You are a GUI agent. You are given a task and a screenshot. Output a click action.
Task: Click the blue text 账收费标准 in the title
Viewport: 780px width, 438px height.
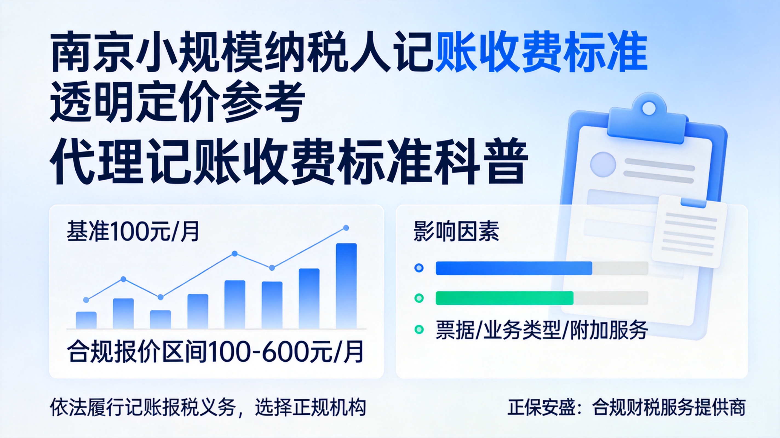[541, 52]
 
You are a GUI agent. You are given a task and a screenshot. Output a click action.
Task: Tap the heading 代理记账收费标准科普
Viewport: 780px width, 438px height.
[289, 161]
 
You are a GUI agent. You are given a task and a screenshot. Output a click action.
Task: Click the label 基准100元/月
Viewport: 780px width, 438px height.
[133, 231]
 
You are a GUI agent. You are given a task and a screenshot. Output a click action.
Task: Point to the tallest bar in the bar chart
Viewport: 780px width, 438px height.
[346, 286]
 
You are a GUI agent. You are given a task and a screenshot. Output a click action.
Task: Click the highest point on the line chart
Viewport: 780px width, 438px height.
[346, 228]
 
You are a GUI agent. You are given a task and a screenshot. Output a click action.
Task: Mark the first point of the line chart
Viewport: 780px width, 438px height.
[86, 300]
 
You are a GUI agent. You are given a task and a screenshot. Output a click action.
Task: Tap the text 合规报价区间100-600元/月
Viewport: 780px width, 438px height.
[215, 352]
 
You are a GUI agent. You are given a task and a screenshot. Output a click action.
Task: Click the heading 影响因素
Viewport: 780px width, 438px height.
[456, 231]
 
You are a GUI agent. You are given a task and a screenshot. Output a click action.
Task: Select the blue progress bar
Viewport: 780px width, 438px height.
[514, 268]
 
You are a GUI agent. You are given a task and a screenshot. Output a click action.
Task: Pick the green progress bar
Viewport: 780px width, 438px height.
[504, 298]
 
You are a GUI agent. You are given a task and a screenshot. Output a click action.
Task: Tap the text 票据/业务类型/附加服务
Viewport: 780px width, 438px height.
[542, 329]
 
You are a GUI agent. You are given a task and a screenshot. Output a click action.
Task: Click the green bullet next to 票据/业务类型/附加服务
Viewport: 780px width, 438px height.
[419, 329]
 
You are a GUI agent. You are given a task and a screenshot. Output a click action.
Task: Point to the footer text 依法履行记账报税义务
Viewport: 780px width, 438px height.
[143, 407]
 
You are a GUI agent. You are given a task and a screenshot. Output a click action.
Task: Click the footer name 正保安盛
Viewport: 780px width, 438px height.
[541, 407]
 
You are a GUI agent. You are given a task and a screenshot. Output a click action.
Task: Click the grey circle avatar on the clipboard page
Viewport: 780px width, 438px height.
[603, 164]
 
